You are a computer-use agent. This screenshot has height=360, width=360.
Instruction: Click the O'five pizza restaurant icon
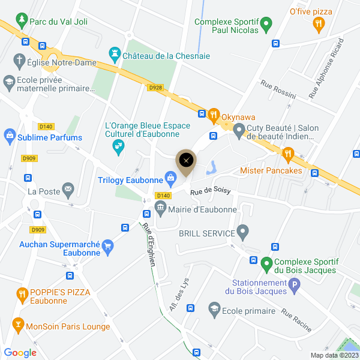(x=319, y=24)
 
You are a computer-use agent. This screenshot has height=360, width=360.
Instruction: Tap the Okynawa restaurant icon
(x=213, y=114)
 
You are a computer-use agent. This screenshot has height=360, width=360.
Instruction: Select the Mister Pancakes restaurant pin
(x=289, y=154)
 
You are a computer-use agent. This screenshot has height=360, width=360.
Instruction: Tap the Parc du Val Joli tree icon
(x=22, y=21)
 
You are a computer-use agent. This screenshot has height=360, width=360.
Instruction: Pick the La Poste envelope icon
(x=68, y=191)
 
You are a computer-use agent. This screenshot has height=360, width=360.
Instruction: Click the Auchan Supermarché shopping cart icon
(x=108, y=245)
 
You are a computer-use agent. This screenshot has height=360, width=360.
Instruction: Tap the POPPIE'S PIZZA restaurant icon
(x=22, y=293)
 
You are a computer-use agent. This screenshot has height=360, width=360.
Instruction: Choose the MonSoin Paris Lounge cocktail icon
(x=17, y=326)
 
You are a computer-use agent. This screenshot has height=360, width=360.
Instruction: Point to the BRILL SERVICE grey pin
(x=242, y=231)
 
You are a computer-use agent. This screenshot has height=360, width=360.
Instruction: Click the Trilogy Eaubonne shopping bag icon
(x=171, y=178)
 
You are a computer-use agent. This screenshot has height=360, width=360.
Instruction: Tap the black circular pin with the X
(x=186, y=160)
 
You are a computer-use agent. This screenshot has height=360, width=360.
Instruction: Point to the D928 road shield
(x=155, y=87)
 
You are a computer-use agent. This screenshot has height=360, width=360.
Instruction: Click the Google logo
(x=20, y=353)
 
